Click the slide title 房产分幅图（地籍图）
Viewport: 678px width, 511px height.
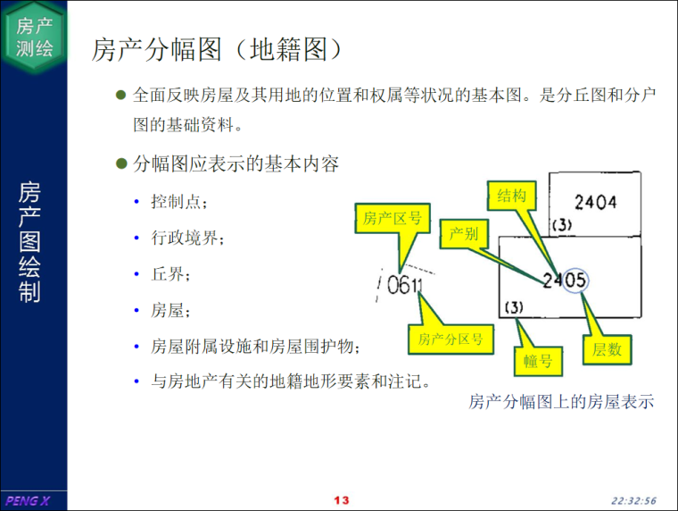pos(216,49)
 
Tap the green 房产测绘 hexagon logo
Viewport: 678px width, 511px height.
pos(34,38)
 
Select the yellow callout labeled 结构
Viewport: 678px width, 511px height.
pos(511,196)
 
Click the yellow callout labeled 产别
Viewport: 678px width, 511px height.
pos(464,234)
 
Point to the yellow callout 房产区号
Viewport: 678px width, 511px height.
pos(393,218)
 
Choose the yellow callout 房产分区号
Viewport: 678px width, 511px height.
pos(451,339)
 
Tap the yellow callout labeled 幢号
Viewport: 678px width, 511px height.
pos(538,361)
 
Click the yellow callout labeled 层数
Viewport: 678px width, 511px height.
pos(608,349)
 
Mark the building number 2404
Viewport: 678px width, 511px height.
pos(595,202)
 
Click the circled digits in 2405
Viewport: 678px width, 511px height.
pos(575,281)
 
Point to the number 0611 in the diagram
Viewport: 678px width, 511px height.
pos(404,285)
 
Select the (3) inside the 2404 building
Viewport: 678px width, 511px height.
pos(562,225)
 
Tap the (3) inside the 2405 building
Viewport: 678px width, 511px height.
pos(514,307)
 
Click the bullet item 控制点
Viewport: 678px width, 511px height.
pos(178,202)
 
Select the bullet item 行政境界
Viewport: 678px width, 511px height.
pos(187,238)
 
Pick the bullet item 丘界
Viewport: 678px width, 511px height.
pos(169,274)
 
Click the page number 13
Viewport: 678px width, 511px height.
pos(341,500)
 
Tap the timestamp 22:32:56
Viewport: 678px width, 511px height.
pos(633,501)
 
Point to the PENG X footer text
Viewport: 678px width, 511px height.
pos(28,501)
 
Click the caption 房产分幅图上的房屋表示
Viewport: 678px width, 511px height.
pos(561,402)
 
